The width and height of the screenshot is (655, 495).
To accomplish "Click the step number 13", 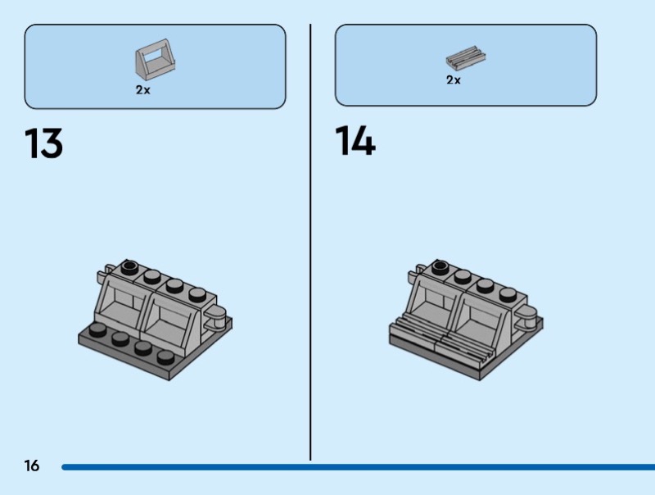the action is (x=44, y=143).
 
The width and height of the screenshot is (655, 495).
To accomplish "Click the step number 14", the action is (x=355, y=140).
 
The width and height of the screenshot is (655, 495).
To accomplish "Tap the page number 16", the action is (x=32, y=465).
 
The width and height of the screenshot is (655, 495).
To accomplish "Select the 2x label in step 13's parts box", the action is (x=142, y=90).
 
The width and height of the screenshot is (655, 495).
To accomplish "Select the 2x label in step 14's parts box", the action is (x=454, y=79).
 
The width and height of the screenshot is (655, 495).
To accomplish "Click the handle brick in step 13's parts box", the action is (x=155, y=60).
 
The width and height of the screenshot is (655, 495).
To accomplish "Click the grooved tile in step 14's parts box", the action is (x=465, y=57).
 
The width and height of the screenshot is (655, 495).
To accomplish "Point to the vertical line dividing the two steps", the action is (x=310, y=242).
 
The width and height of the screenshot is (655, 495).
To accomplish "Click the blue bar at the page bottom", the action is (x=358, y=467).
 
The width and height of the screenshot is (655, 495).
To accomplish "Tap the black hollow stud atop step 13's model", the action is (x=129, y=266).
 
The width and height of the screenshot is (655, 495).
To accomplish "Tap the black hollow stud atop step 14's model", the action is (x=440, y=266).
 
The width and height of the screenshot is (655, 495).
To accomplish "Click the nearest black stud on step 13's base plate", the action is (x=166, y=356).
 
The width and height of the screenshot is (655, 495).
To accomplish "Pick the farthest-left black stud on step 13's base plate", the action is (x=97, y=329).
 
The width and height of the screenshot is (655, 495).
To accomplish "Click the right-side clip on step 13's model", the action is (x=216, y=317).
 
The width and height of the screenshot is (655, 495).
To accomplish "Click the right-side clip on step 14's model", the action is (x=526, y=317).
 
